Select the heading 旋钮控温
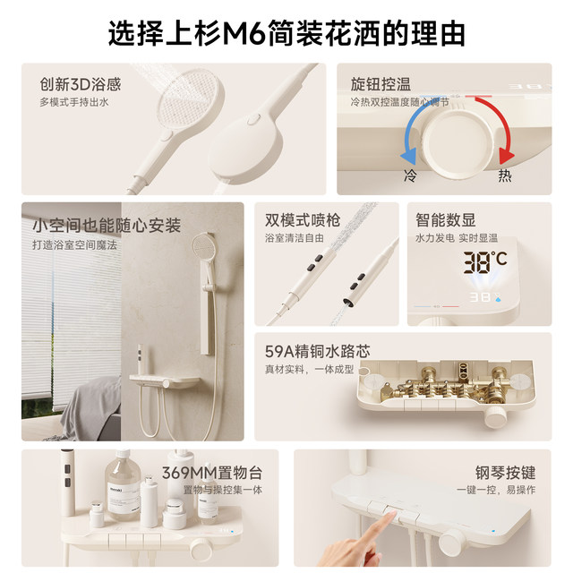click(x=381, y=85)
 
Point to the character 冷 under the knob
click(x=410, y=175)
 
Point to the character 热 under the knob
click(x=505, y=175)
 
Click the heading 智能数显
click(x=445, y=219)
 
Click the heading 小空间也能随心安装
click(x=107, y=225)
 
